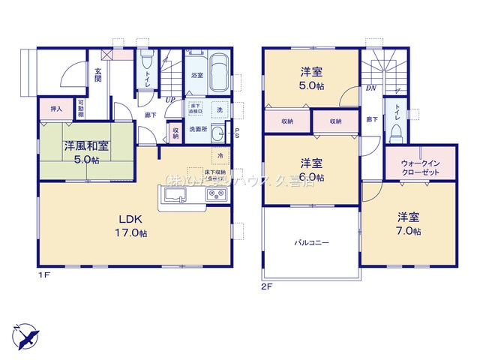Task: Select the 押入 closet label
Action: coord(55,109)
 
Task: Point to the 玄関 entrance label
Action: coord(98,75)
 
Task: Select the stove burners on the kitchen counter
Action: coord(216,196)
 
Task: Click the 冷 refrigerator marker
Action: coord(220,155)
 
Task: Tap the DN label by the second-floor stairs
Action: coord(371,87)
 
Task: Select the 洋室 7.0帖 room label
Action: coord(409,223)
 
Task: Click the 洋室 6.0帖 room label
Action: coord(312,169)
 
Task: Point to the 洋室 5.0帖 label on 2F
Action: coord(312,79)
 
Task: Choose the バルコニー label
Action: coord(311,243)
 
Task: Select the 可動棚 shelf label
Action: coord(80,109)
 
